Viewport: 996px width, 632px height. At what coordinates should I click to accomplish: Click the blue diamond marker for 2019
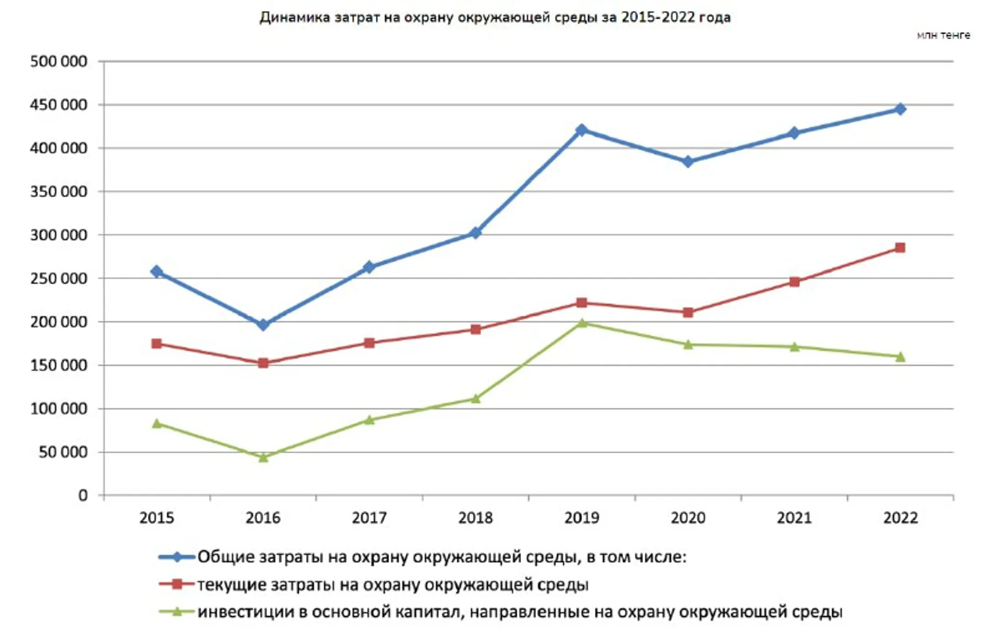click(x=581, y=130)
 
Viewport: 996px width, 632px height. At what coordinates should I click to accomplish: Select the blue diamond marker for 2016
click(x=263, y=325)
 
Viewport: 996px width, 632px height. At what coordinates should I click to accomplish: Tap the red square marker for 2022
click(x=900, y=248)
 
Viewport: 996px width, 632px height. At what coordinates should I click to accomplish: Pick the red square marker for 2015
click(x=157, y=344)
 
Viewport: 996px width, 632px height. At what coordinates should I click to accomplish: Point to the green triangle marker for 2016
click(x=263, y=457)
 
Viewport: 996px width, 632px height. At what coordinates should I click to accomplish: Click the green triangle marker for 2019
click(x=581, y=323)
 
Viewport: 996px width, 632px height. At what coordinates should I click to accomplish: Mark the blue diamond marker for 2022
click(x=900, y=109)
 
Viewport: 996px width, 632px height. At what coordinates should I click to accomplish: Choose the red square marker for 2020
click(x=688, y=313)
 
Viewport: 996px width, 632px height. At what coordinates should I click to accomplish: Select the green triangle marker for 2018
click(x=475, y=399)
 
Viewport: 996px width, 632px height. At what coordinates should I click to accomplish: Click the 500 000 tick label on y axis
click(x=59, y=61)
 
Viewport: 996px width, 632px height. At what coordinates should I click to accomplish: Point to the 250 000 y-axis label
click(x=59, y=279)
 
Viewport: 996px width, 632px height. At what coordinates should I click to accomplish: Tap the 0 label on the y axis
click(x=83, y=496)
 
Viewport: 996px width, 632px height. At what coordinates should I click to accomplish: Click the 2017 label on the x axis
click(x=369, y=518)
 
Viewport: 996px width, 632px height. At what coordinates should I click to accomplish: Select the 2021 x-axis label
click(x=794, y=518)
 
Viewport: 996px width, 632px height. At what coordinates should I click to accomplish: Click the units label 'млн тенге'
click(x=943, y=35)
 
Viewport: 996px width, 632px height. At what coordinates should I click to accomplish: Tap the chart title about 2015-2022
click(x=495, y=18)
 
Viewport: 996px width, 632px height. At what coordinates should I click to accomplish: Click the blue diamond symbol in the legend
click(x=177, y=557)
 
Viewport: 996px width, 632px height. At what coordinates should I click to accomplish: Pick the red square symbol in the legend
click(x=177, y=585)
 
